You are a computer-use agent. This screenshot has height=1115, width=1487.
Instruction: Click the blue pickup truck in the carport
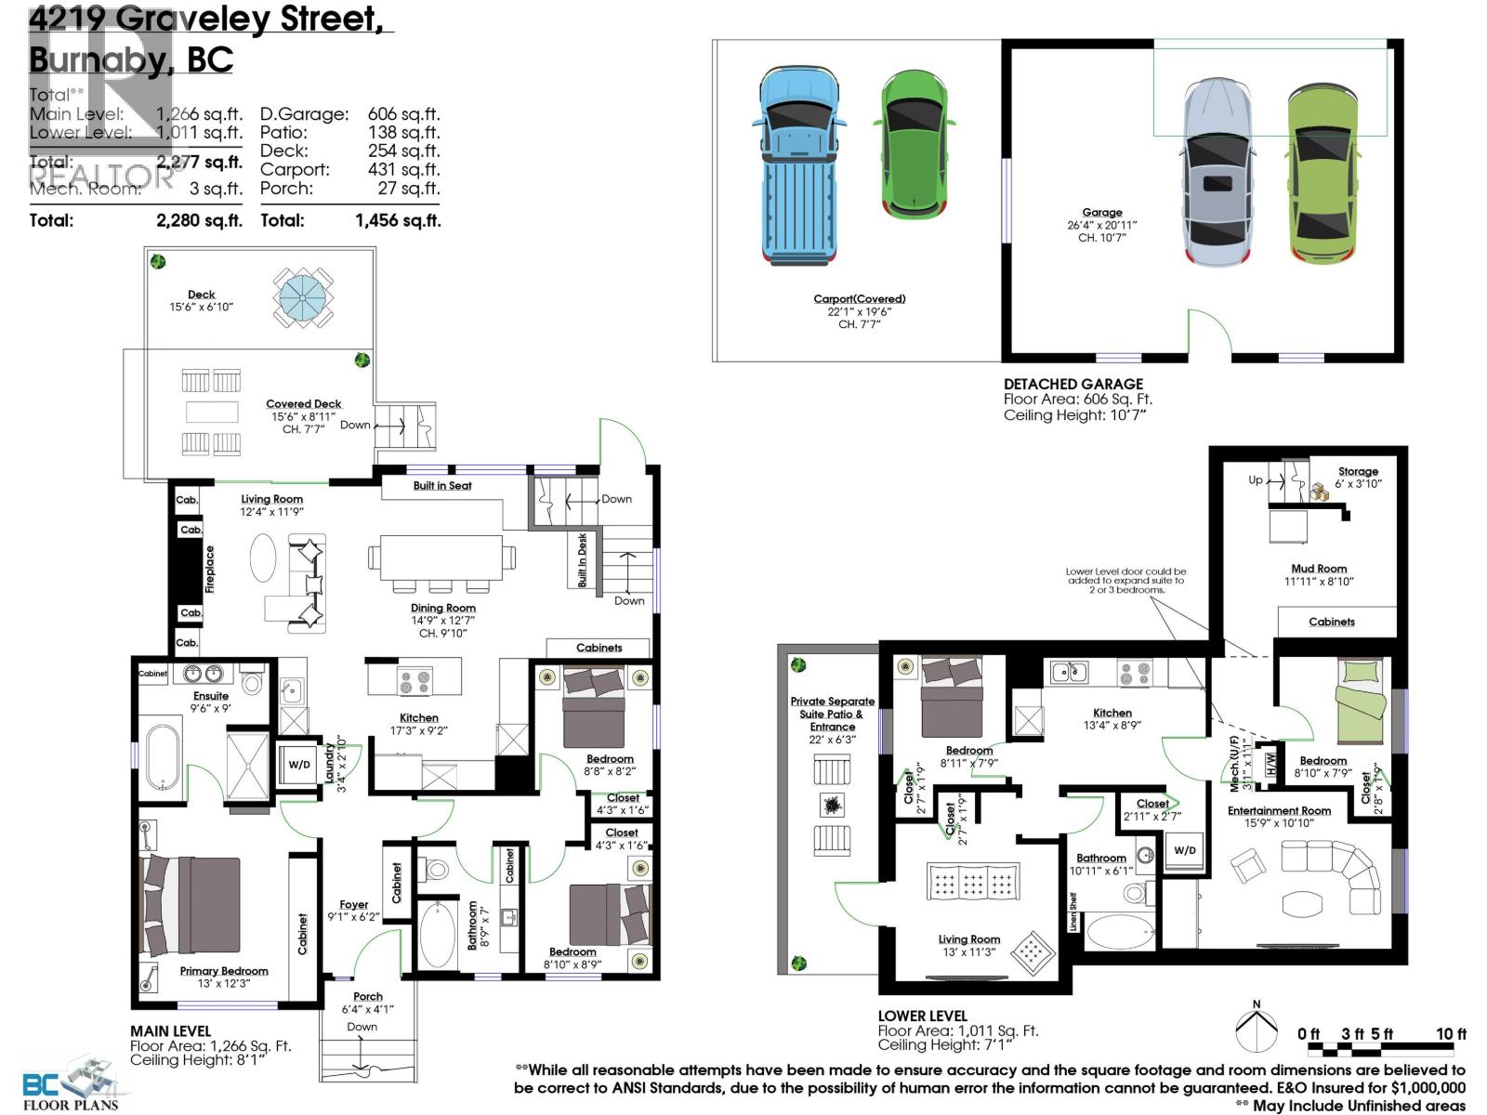[x=798, y=165]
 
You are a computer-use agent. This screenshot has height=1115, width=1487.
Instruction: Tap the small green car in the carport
[x=914, y=144]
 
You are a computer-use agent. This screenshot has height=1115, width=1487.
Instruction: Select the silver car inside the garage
[x=1219, y=172]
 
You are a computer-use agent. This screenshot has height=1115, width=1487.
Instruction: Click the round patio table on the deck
[x=303, y=296]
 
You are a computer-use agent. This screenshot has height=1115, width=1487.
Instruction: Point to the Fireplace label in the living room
[x=210, y=569]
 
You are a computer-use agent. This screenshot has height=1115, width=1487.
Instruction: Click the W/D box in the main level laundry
[x=299, y=765]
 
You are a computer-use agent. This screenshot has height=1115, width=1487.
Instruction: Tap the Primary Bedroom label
[x=224, y=971]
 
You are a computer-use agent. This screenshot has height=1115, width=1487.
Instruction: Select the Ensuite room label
[x=211, y=696]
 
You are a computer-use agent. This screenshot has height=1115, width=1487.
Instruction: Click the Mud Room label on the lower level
[x=1318, y=569]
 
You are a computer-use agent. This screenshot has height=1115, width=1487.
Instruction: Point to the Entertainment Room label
[x=1279, y=810]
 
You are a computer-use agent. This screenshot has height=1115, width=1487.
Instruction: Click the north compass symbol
[x=1257, y=1030]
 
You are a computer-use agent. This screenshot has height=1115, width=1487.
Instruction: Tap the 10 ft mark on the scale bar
[x=1450, y=1034]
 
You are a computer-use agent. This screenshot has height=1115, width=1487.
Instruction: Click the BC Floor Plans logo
[x=70, y=1083]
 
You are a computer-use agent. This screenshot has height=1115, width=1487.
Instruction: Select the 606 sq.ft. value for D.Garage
[x=403, y=114]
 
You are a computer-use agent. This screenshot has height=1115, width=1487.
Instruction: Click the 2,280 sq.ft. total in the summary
[x=199, y=220]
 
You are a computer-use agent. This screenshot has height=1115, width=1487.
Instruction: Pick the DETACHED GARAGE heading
[x=1072, y=384]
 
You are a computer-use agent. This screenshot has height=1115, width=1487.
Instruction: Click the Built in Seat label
[x=442, y=486]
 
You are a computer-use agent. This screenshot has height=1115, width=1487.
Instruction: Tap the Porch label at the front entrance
[x=368, y=996]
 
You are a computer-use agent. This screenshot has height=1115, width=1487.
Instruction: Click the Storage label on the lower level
[x=1358, y=471]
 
